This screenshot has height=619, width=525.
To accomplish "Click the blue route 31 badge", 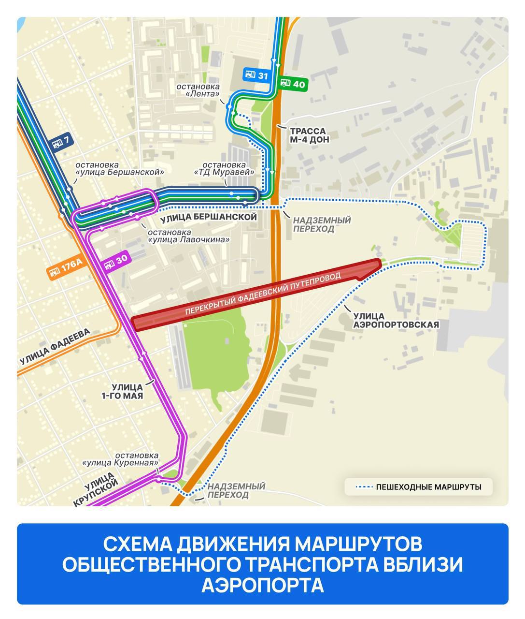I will click(x=256, y=75).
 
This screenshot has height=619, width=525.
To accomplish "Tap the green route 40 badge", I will click(x=293, y=84).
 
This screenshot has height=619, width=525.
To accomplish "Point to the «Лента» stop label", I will click(x=198, y=90).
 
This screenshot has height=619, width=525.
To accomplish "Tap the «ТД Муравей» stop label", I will click(x=225, y=168).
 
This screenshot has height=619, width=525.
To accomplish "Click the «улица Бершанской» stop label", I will click(x=120, y=167).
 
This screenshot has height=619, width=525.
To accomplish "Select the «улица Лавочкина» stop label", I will click(x=188, y=236).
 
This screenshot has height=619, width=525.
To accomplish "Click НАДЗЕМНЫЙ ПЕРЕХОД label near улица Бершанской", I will click(x=322, y=224).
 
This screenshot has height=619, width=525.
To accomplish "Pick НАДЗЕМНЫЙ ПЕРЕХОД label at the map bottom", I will click(x=236, y=490).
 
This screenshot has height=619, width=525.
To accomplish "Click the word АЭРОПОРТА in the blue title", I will click(x=262, y=585).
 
